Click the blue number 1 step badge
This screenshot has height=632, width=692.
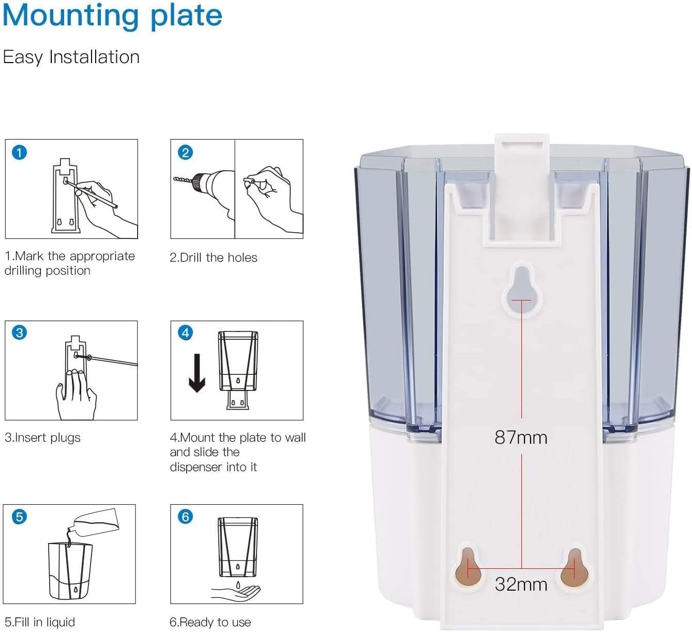(19, 153)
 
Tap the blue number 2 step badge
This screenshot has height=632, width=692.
(185, 153)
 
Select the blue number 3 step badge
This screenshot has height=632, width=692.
(19, 333)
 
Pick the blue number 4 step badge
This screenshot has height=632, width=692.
(185, 333)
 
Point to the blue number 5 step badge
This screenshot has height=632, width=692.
(19, 517)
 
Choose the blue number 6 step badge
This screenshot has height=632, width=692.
(185, 517)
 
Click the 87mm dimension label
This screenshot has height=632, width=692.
(521, 438)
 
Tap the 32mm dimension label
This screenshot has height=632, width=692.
(521, 584)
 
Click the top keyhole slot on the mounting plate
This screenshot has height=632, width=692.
(522, 289)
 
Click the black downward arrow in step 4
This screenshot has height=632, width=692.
(197, 373)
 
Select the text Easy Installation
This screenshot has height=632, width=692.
(71, 57)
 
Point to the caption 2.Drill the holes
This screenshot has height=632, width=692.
(213, 258)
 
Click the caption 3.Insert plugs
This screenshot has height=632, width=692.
(42, 438)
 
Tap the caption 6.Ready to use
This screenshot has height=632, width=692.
(210, 622)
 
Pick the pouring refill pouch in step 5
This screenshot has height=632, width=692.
(94, 523)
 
